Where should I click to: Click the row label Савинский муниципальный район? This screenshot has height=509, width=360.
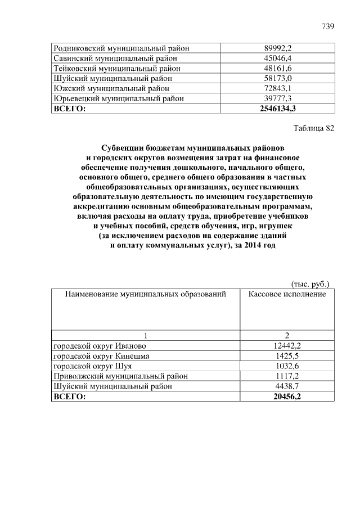(115, 58)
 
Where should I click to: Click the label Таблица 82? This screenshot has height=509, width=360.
(314, 128)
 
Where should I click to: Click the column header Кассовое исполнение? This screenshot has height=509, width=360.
(287, 294)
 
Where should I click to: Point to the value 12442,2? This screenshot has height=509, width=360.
(287, 345)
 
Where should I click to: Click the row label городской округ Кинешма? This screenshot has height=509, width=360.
(101, 356)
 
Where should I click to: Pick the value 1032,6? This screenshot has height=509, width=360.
(287, 366)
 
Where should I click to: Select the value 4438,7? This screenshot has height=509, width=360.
(287, 386)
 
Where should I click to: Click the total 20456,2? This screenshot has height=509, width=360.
(287, 397)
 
